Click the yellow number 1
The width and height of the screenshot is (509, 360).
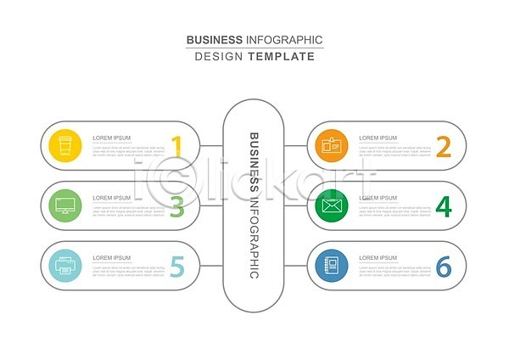[x=176, y=146]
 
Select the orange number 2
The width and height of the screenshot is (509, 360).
[x=443, y=146]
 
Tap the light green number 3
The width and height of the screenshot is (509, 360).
[x=176, y=206]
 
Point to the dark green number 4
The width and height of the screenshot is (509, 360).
[x=443, y=206]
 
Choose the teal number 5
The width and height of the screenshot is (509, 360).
[x=176, y=267]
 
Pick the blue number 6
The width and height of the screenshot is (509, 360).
[x=443, y=267]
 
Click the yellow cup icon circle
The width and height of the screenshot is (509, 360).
[x=65, y=145]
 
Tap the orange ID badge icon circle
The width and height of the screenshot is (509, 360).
[x=332, y=145]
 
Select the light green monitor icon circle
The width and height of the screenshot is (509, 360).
[x=65, y=205]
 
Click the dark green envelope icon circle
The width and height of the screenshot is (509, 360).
[x=332, y=205]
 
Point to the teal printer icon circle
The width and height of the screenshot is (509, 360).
[x=65, y=266]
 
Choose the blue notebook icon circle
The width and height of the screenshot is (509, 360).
[x=332, y=266]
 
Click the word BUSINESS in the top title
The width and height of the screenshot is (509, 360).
[x=214, y=40]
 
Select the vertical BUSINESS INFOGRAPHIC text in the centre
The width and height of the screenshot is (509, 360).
[x=254, y=205]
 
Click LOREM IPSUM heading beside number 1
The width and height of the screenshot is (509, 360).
[x=111, y=138]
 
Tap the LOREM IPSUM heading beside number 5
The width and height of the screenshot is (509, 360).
[x=111, y=258]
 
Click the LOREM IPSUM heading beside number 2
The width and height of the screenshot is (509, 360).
[x=378, y=138]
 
